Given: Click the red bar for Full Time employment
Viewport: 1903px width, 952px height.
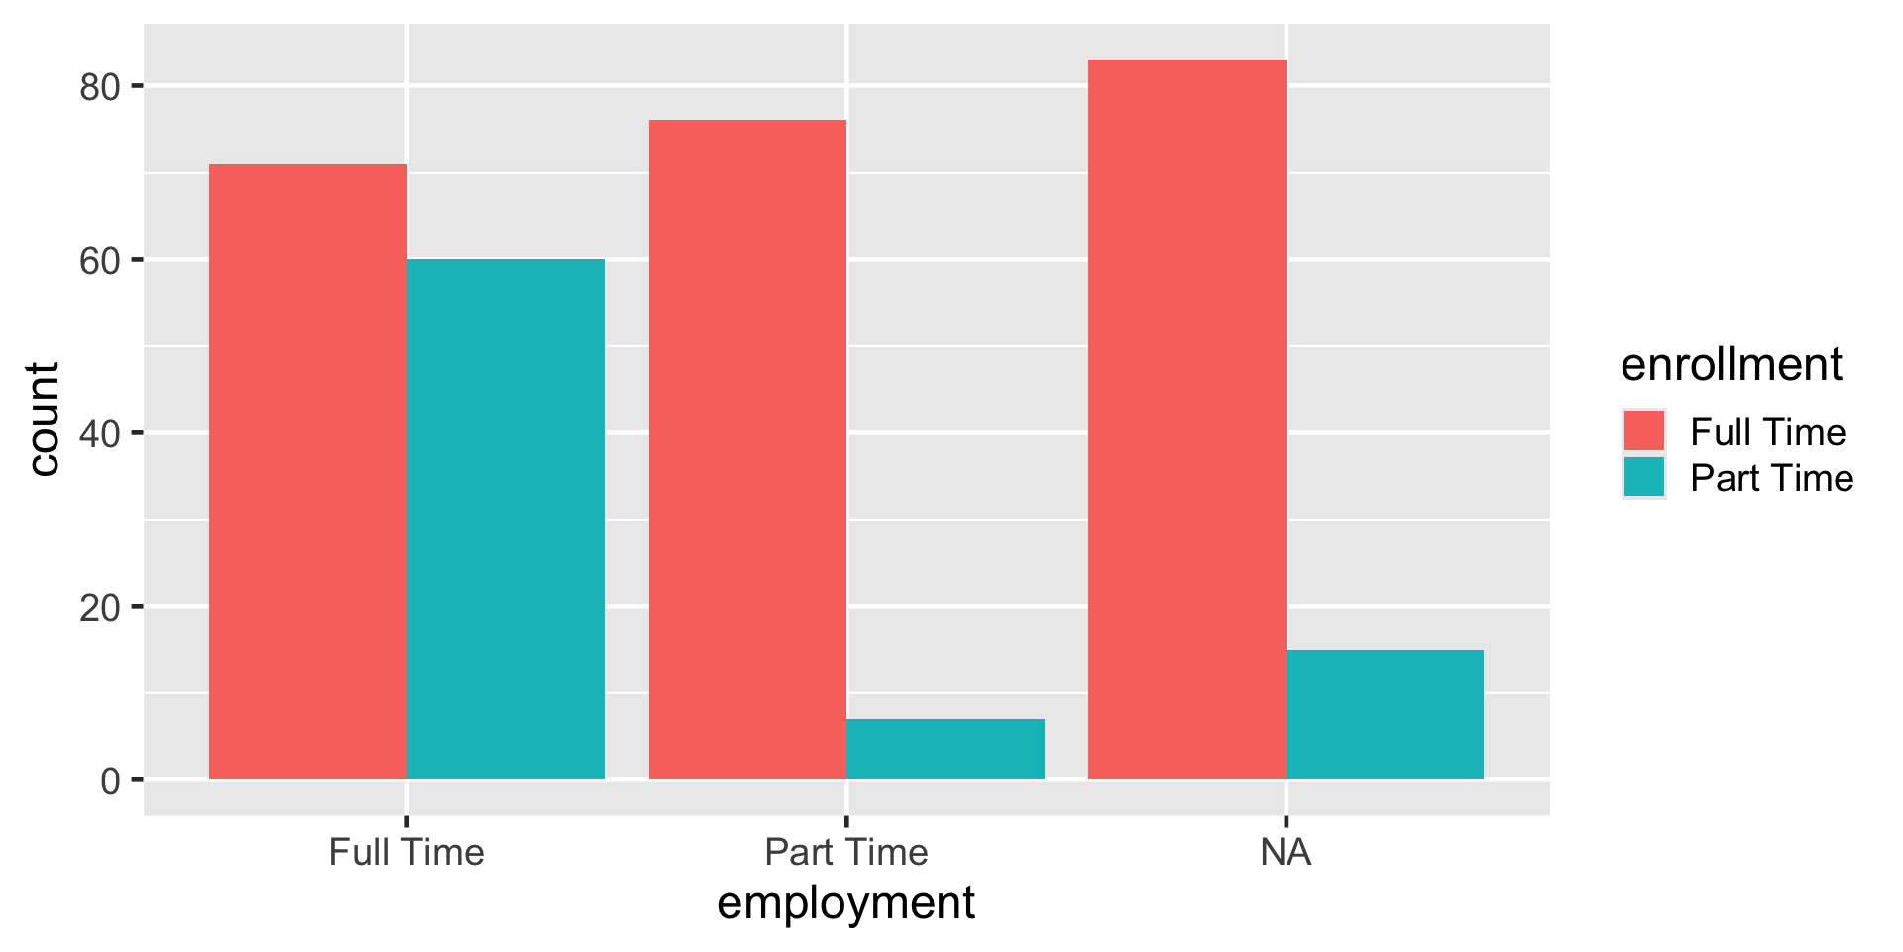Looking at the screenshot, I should click(308, 471).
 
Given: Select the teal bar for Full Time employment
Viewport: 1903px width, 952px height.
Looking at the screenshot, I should click(505, 519).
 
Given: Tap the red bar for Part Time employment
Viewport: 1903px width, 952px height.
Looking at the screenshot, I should click(747, 449).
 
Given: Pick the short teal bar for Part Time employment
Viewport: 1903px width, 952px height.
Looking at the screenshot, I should click(945, 749).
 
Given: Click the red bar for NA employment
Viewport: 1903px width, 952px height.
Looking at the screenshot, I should click(1186, 419).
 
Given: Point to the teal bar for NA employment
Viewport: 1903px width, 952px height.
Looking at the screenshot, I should click(1385, 714).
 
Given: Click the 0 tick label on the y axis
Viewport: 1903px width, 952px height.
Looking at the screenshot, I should click(110, 781).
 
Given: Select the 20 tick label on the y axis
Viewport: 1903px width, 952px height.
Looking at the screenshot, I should click(100, 608).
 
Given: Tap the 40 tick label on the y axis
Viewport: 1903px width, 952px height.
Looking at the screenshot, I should click(100, 434).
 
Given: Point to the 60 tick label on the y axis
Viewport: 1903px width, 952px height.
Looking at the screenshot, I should click(100, 261).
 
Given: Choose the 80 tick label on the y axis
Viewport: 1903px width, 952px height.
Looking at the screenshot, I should click(100, 87).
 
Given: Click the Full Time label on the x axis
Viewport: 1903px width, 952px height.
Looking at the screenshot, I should click(406, 853).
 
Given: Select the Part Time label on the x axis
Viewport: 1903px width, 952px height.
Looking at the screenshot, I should click(846, 853).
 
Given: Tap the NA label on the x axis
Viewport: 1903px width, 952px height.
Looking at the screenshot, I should click(1286, 853).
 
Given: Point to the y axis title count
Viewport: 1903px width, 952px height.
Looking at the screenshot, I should click(44, 419).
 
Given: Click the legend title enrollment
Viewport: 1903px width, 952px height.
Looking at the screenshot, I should click(1732, 365).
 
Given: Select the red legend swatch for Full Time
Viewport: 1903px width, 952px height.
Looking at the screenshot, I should click(1643, 431).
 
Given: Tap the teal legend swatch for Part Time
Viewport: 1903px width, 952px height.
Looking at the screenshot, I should click(1643, 477).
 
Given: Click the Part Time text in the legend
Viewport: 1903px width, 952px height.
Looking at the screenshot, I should click(1771, 478).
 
